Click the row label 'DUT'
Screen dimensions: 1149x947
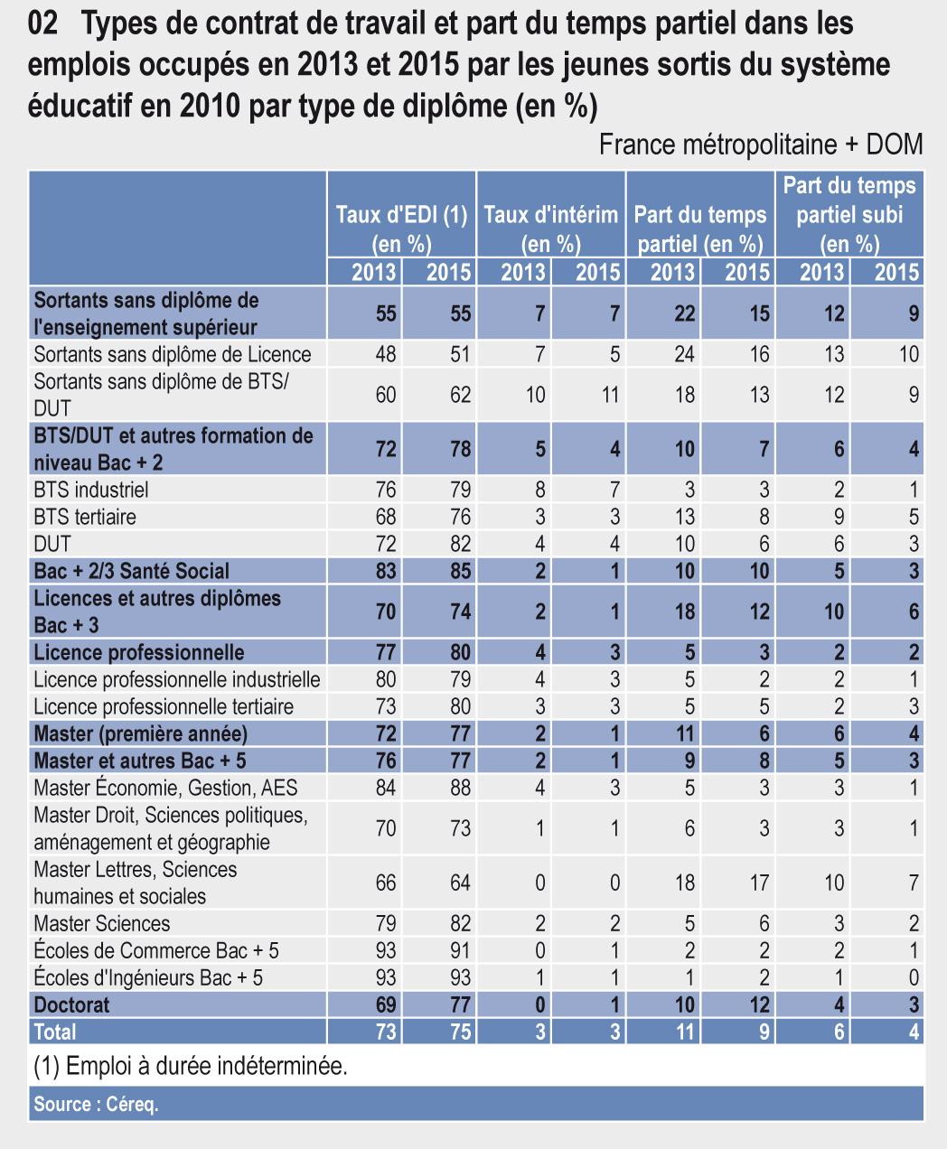52,544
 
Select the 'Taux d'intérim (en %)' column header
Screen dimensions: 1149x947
551,229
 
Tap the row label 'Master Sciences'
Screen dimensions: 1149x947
101,923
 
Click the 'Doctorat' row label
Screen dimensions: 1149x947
71,1004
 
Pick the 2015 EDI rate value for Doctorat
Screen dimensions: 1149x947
460,1004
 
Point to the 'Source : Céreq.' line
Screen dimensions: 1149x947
96,1104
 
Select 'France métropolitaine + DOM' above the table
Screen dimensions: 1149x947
761,145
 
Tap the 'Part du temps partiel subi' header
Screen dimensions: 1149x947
849,214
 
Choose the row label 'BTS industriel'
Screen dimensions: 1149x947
90,490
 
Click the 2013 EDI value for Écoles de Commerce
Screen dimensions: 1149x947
386,950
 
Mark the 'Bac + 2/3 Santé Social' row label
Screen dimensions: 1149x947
131,571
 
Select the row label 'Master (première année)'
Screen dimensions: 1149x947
140,733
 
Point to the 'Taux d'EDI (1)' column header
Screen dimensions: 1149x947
401,229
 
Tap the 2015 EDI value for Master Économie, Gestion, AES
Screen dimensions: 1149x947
460,788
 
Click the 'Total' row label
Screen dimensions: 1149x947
55,1032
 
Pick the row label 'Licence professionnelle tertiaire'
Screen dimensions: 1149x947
164,706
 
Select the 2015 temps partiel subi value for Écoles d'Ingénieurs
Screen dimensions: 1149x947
914,977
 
